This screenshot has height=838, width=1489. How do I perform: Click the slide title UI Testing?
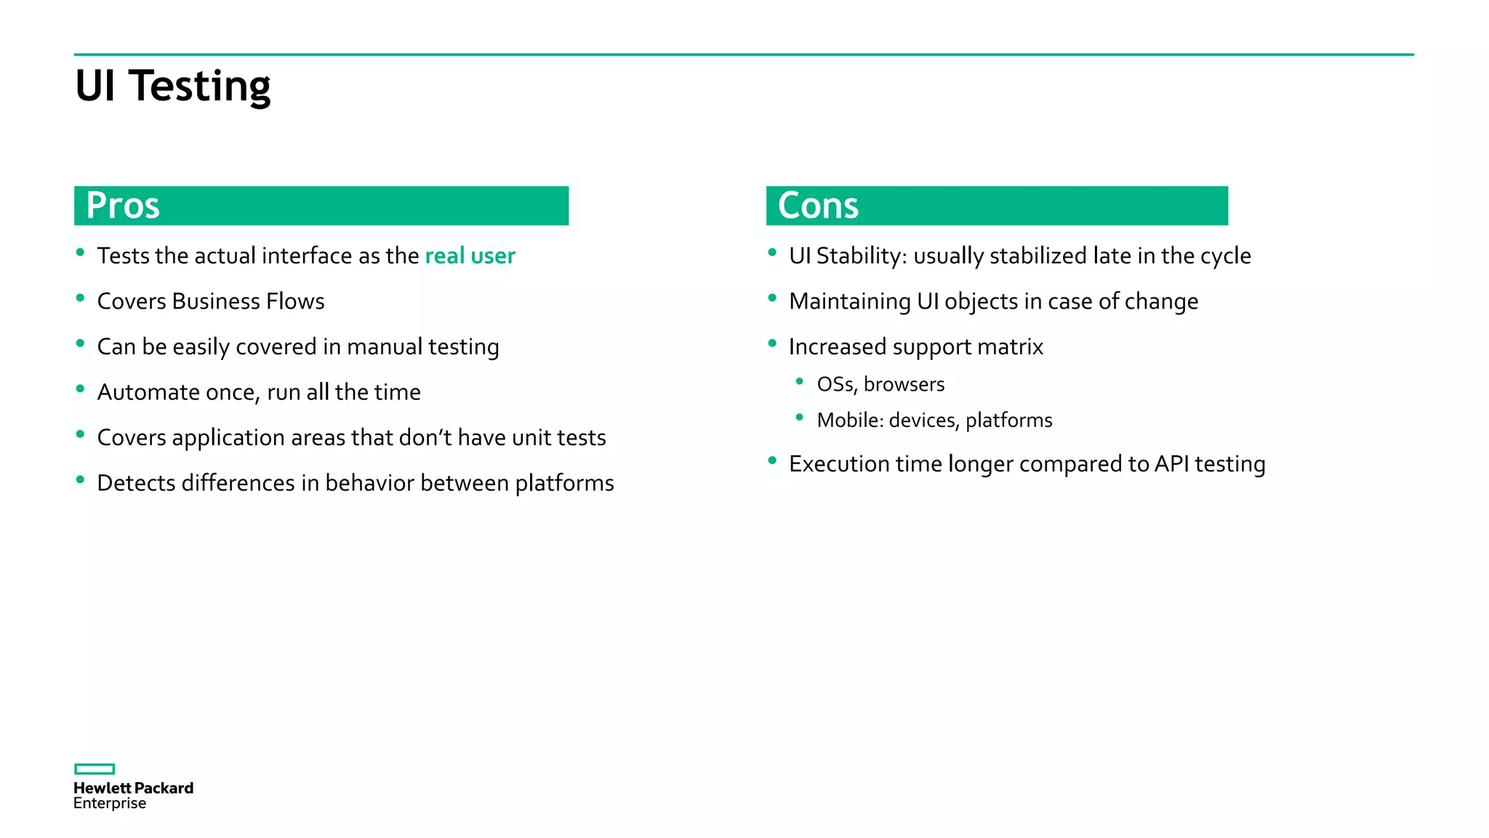click(172, 86)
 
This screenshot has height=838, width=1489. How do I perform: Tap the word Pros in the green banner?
click(123, 205)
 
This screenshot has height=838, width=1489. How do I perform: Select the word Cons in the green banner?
click(818, 205)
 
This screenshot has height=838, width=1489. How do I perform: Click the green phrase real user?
click(470, 256)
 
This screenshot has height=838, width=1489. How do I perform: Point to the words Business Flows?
click(248, 301)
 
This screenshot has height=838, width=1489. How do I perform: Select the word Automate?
click(148, 392)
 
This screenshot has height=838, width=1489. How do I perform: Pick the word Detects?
click(136, 483)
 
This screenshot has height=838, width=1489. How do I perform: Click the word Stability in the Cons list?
click(858, 256)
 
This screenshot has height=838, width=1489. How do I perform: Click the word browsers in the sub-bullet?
click(904, 384)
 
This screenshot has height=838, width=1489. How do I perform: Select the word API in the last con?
click(1171, 464)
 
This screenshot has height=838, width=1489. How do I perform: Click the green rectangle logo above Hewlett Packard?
click(95, 769)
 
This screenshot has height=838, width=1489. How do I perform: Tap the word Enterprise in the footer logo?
click(110, 803)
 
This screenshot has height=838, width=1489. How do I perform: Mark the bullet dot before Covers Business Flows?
click(80, 298)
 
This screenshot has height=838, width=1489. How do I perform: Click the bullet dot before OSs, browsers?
click(800, 381)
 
